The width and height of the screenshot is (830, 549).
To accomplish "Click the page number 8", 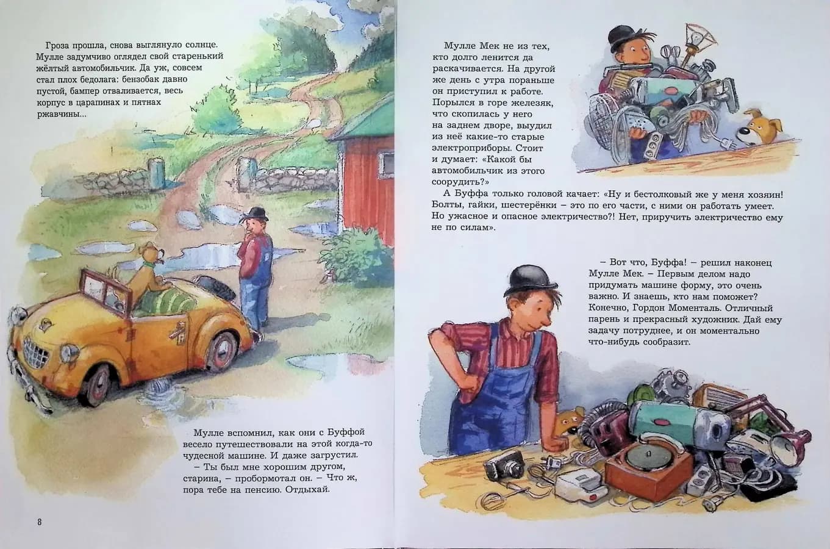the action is pos(39,522).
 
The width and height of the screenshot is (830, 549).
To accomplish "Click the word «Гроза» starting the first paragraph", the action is pos(59,45).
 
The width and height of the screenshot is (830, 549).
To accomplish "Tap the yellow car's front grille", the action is pos(35,352).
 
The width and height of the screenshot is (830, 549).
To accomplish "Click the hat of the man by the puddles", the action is pos(254,215).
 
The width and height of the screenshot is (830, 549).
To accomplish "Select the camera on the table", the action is pos(504,469).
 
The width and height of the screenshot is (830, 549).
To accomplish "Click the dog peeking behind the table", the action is pos(567,421).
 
